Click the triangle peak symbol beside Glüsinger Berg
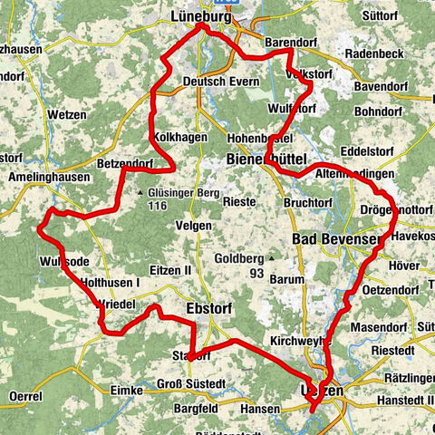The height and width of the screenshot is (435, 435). (x=141, y=192)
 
